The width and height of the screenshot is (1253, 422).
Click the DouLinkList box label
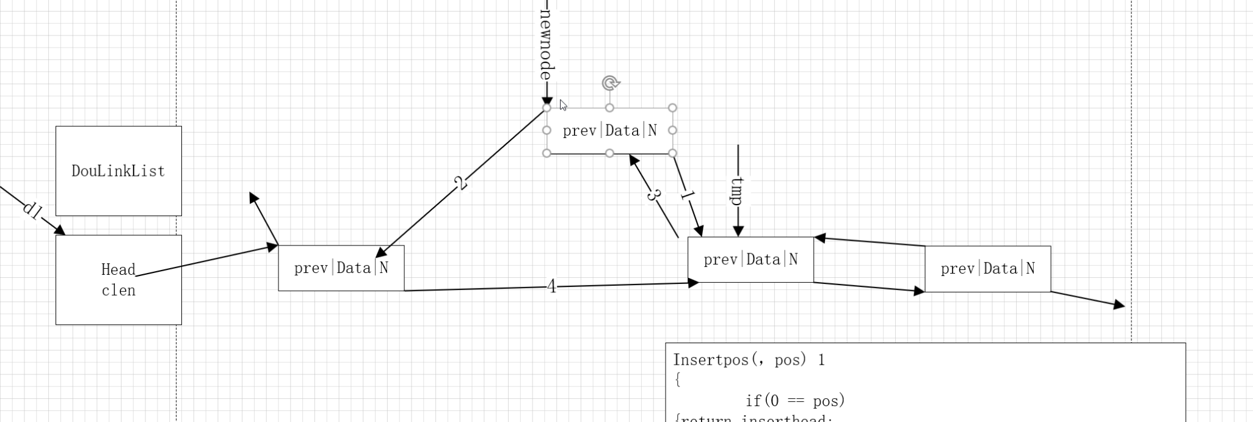118,171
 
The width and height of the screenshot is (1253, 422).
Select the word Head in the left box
118,270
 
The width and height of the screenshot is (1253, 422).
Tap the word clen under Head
118,291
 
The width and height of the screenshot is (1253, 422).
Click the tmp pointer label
738,191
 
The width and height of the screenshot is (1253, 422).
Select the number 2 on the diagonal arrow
461,183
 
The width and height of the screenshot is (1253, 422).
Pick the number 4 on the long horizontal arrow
552,286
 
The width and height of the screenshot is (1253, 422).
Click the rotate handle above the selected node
610,83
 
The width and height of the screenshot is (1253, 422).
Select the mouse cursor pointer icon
563,105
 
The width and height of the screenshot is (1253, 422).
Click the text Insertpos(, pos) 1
749,360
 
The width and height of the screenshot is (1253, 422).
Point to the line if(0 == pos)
795,401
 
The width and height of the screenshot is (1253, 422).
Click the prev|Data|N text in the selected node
609,131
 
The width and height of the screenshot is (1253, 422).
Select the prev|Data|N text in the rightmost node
987,269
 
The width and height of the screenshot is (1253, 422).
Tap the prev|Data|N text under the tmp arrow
750,260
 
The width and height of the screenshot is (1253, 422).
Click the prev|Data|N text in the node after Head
341,268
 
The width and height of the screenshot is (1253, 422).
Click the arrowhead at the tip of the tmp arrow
738,231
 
